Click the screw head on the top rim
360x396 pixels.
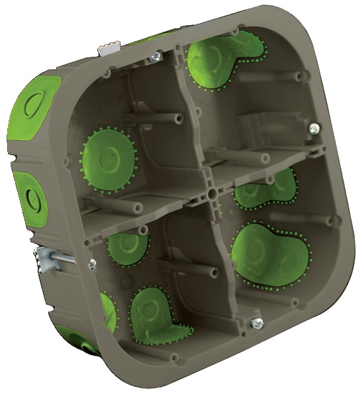coord(155,58)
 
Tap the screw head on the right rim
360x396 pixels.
coord(314,129)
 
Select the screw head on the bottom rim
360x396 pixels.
coord(257,323)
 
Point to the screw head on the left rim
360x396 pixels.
coord(91,264)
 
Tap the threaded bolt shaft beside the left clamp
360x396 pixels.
coord(66,259)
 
